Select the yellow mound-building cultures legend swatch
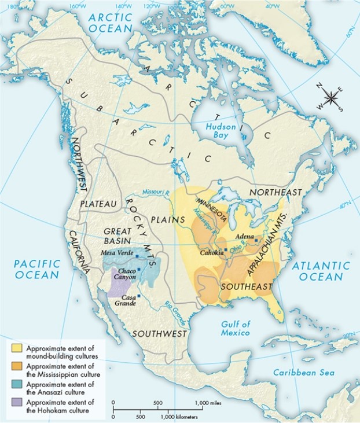click(16, 348)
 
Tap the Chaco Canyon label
click(127, 274)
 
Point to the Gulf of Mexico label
click(235, 328)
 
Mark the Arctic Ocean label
click(111, 21)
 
